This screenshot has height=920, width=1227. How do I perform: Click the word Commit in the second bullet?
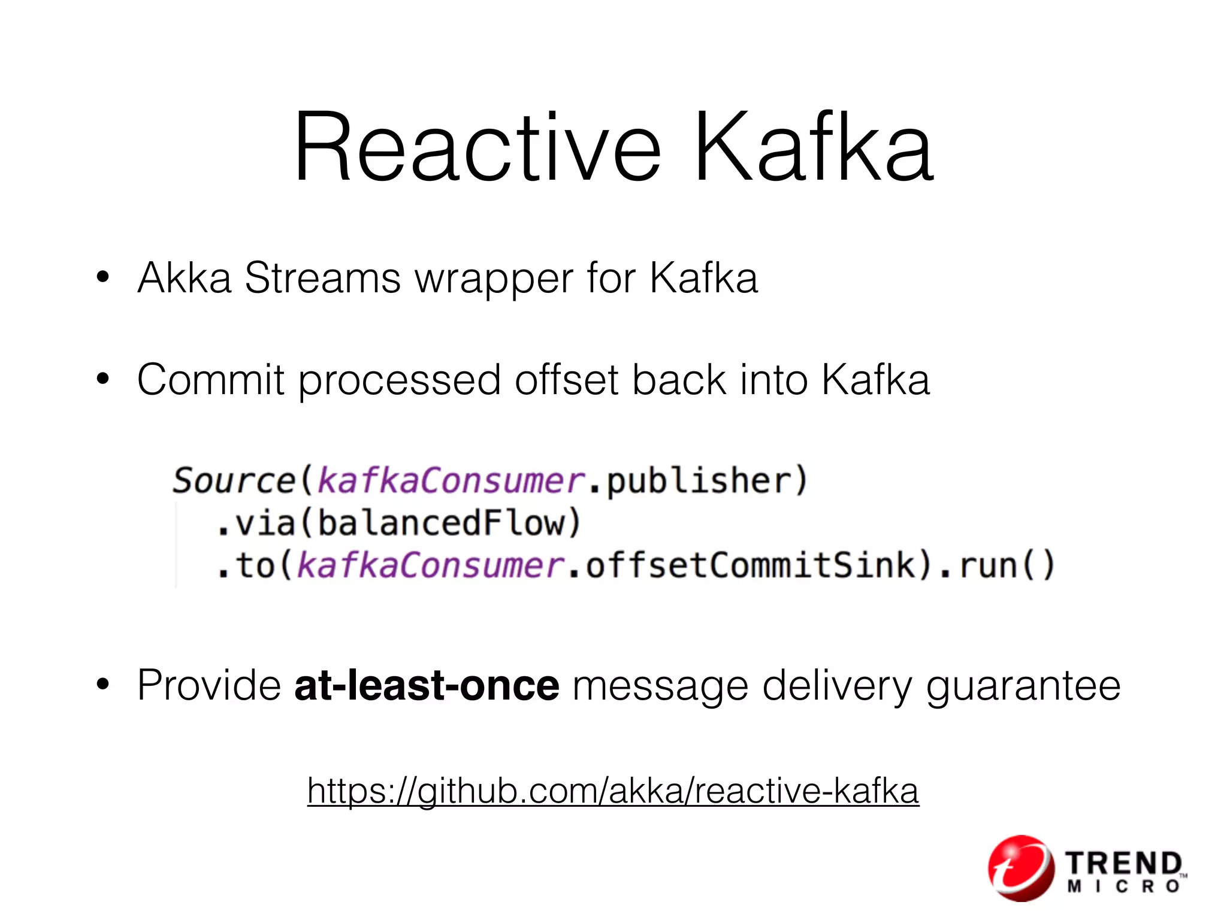tap(211, 380)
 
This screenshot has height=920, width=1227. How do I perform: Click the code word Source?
tap(234, 481)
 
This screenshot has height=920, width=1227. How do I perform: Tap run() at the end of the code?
tap(1007, 566)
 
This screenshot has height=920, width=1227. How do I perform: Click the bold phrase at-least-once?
tap(427, 685)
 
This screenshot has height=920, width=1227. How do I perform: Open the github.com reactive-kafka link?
tap(613, 791)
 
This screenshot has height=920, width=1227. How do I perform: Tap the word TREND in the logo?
tap(1123, 863)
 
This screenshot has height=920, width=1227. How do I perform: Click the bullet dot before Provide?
tap(103, 685)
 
